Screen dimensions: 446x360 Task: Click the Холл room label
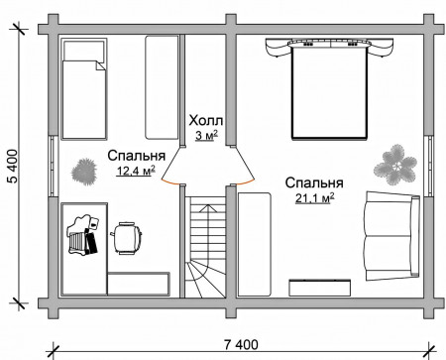tap(206, 121)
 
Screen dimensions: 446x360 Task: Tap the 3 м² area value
tap(206, 135)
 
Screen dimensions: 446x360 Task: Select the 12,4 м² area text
tap(136, 171)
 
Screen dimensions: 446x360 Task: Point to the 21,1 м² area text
tap(314, 198)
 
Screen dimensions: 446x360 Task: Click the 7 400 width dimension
tap(241, 345)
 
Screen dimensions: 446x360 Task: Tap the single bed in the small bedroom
tap(83, 88)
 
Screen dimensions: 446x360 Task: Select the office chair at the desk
tap(126, 238)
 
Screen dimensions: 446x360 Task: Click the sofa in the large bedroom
tap(391, 236)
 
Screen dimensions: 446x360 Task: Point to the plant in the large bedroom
tap(394, 165)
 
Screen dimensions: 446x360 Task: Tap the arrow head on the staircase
tap(207, 207)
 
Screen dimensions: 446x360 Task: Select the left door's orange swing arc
tap(169, 182)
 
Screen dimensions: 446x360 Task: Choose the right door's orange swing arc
tap(246, 182)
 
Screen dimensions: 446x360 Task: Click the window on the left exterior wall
tap(53, 166)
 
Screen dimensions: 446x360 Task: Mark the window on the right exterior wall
tap(428, 166)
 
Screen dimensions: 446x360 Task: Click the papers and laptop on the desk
tap(83, 235)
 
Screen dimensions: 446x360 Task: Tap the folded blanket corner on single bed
tap(100, 65)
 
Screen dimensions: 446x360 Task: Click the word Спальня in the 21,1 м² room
tap(314, 182)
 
